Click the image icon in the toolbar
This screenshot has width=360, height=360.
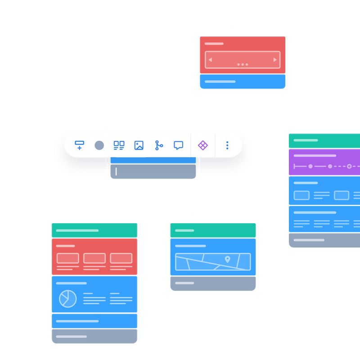(x=139, y=145)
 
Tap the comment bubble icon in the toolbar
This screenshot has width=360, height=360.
(x=179, y=145)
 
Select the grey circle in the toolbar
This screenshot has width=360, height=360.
(x=99, y=145)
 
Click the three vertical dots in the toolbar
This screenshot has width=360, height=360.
(x=227, y=145)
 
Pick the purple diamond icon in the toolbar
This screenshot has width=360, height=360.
(x=203, y=145)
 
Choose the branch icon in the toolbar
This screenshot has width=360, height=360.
(x=159, y=145)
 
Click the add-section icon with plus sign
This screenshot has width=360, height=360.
(x=80, y=145)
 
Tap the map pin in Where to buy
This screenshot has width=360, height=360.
(x=227, y=259)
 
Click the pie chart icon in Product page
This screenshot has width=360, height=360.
(x=68, y=298)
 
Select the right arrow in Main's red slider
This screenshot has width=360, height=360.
(x=275, y=60)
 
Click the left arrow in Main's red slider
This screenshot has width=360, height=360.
(x=210, y=60)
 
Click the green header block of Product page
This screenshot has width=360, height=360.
(x=94, y=230)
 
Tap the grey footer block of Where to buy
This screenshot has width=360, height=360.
(x=213, y=283)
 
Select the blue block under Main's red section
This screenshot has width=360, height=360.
(x=243, y=82)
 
